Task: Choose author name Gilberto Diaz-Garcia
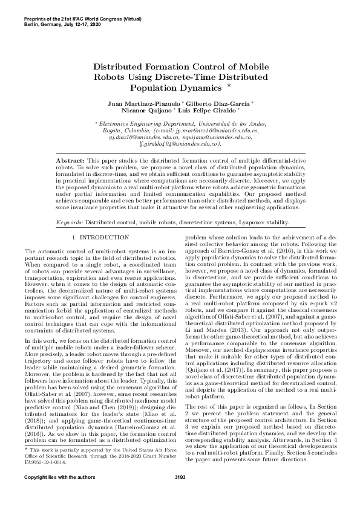point(223,104)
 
